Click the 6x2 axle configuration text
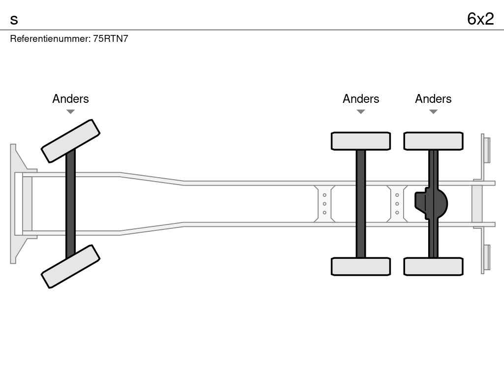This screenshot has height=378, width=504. [480, 19]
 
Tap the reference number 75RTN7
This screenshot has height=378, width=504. [111, 39]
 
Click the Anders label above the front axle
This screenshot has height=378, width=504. [70, 99]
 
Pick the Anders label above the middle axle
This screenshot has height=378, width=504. [361, 99]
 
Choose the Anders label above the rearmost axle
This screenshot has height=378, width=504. [433, 99]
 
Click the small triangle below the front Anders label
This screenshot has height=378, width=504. [70, 112]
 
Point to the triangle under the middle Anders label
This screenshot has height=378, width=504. [361, 112]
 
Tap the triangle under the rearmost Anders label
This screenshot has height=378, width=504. [433, 112]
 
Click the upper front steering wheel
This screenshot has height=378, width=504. [70, 141]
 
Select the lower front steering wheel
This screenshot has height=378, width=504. [70, 266]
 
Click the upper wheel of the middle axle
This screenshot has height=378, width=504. [361, 141]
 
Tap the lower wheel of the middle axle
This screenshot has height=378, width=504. [361, 266]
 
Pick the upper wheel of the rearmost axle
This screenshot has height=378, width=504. [433, 141]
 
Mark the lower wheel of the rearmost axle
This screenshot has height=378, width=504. [433, 266]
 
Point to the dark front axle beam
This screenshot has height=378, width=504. [70, 204]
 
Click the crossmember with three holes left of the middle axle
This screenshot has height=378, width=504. [324, 204]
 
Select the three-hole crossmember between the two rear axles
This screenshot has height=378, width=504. [397, 204]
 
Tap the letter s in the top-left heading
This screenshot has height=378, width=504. [14, 20]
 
